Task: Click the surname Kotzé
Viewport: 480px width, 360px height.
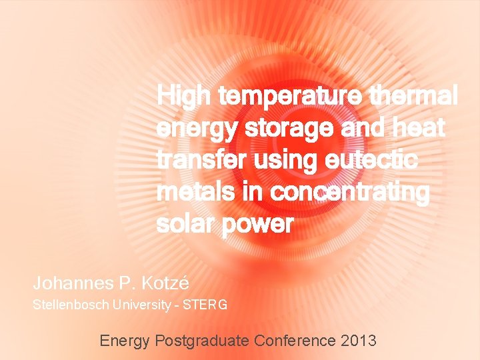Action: point(164,283)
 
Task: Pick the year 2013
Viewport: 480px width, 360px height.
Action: point(359,341)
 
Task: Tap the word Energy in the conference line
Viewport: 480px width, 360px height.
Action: point(125,341)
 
